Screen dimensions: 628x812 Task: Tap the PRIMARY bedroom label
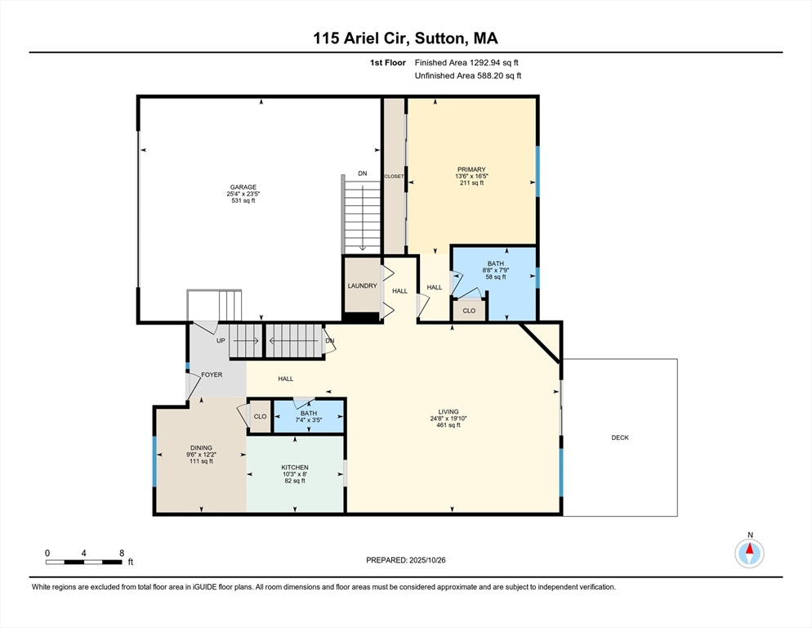[x=471, y=169]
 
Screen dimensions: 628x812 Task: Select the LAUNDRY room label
[x=362, y=285]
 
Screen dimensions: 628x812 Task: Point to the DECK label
[x=620, y=437]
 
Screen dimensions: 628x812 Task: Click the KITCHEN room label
[x=295, y=467]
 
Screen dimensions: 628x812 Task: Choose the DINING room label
[x=201, y=447]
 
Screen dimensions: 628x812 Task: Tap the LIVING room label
[x=448, y=411]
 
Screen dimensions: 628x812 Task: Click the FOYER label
[x=212, y=375]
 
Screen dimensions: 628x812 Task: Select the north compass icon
[x=749, y=553]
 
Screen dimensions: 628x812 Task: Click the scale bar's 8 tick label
[x=122, y=553]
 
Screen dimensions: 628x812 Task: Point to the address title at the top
[x=406, y=38]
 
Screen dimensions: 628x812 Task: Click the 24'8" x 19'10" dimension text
[x=448, y=419]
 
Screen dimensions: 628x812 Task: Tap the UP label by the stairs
[x=221, y=340]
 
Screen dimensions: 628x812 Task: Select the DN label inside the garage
[x=363, y=173]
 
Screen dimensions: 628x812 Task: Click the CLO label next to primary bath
[x=469, y=311]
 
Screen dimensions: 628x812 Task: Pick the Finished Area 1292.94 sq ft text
[x=466, y=62]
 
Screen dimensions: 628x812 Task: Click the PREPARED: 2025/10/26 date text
[x=406, y=560]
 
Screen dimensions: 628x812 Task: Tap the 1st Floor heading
[x=387, y=62]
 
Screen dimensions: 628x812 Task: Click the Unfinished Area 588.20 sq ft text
[x=468, y=75]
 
